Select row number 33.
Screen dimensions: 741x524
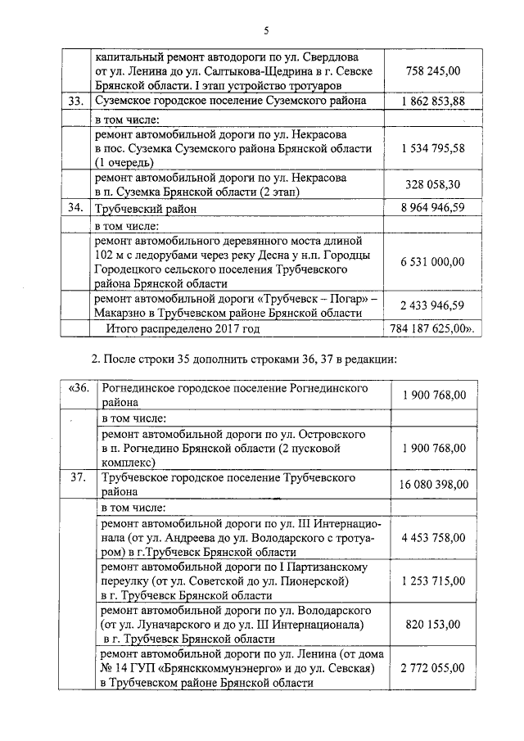pos(78,102)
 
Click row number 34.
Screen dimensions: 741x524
pos(78,208)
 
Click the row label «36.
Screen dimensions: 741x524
pos(79,387)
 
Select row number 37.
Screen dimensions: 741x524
pos(79,478)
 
